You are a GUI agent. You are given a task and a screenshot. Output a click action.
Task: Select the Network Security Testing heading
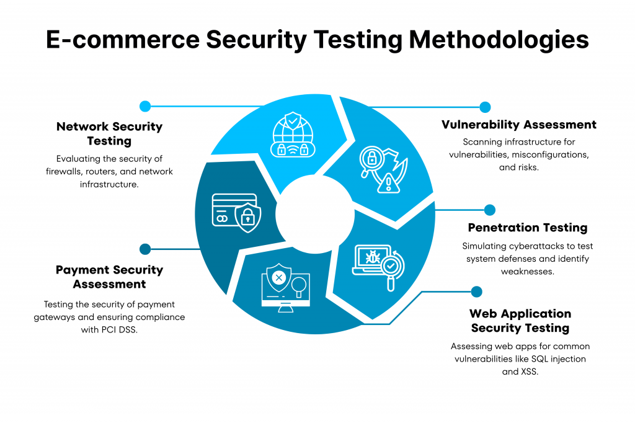point(109,133)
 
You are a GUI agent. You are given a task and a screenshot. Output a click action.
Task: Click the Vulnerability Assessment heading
point(518,125)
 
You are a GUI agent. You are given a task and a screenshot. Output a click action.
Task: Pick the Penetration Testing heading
point(527,228)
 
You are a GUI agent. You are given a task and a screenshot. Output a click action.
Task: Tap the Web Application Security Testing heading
point(520,321)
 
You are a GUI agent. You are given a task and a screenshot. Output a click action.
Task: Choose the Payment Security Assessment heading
point(109,277)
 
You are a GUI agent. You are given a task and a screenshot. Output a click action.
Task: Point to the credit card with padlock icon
point(236,210)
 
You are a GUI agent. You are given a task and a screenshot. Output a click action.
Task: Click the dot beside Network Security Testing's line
point(145,106)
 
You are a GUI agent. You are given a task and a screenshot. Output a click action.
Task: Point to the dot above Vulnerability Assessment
point(485,107)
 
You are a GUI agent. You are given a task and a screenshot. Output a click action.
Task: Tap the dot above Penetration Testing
point(490,210)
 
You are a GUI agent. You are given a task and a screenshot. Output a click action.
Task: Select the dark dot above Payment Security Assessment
point(145,249)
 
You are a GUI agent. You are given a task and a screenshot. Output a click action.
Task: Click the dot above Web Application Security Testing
point(476,292)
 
